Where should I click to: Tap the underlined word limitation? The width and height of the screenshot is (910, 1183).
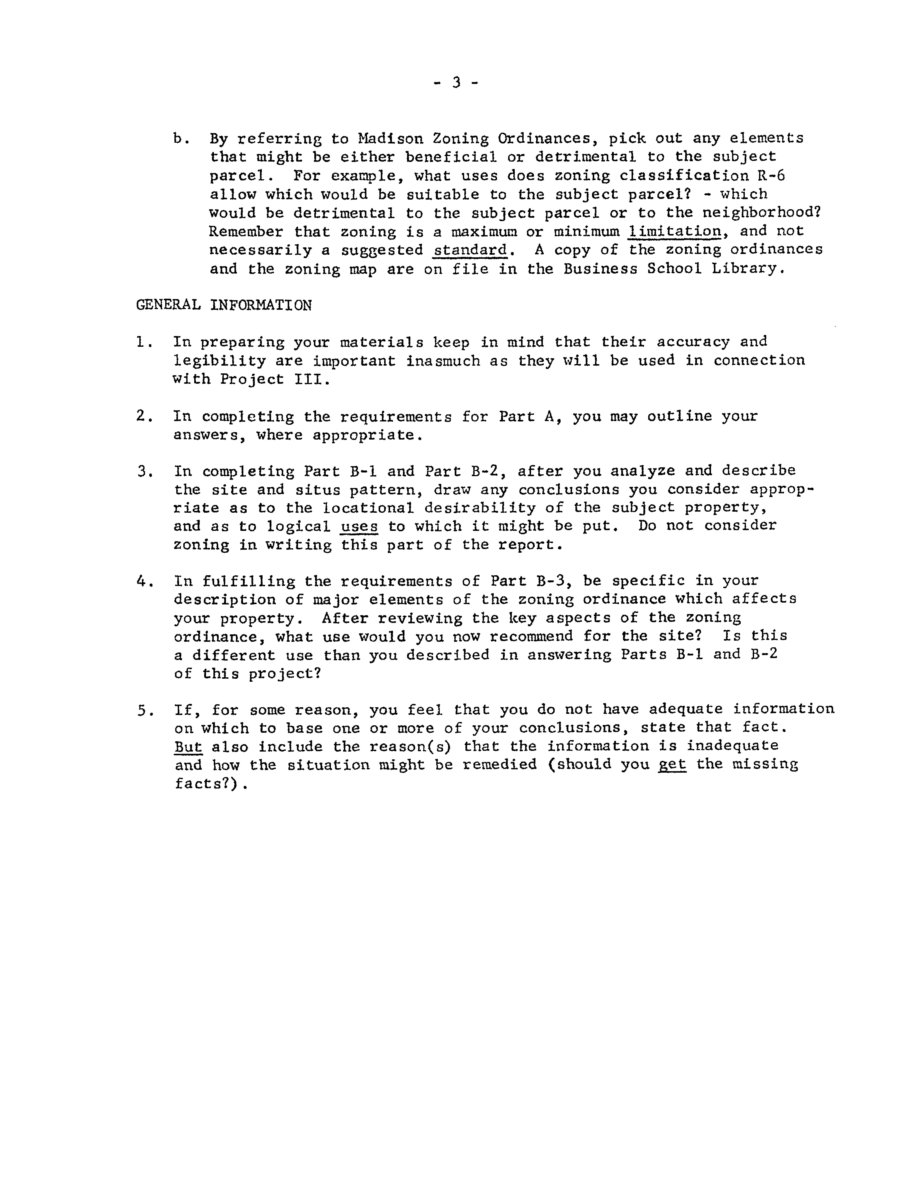tap(674, 231)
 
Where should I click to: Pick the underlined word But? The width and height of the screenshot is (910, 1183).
tap(188, 746)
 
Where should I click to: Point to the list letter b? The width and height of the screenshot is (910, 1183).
tap(180, 139)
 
